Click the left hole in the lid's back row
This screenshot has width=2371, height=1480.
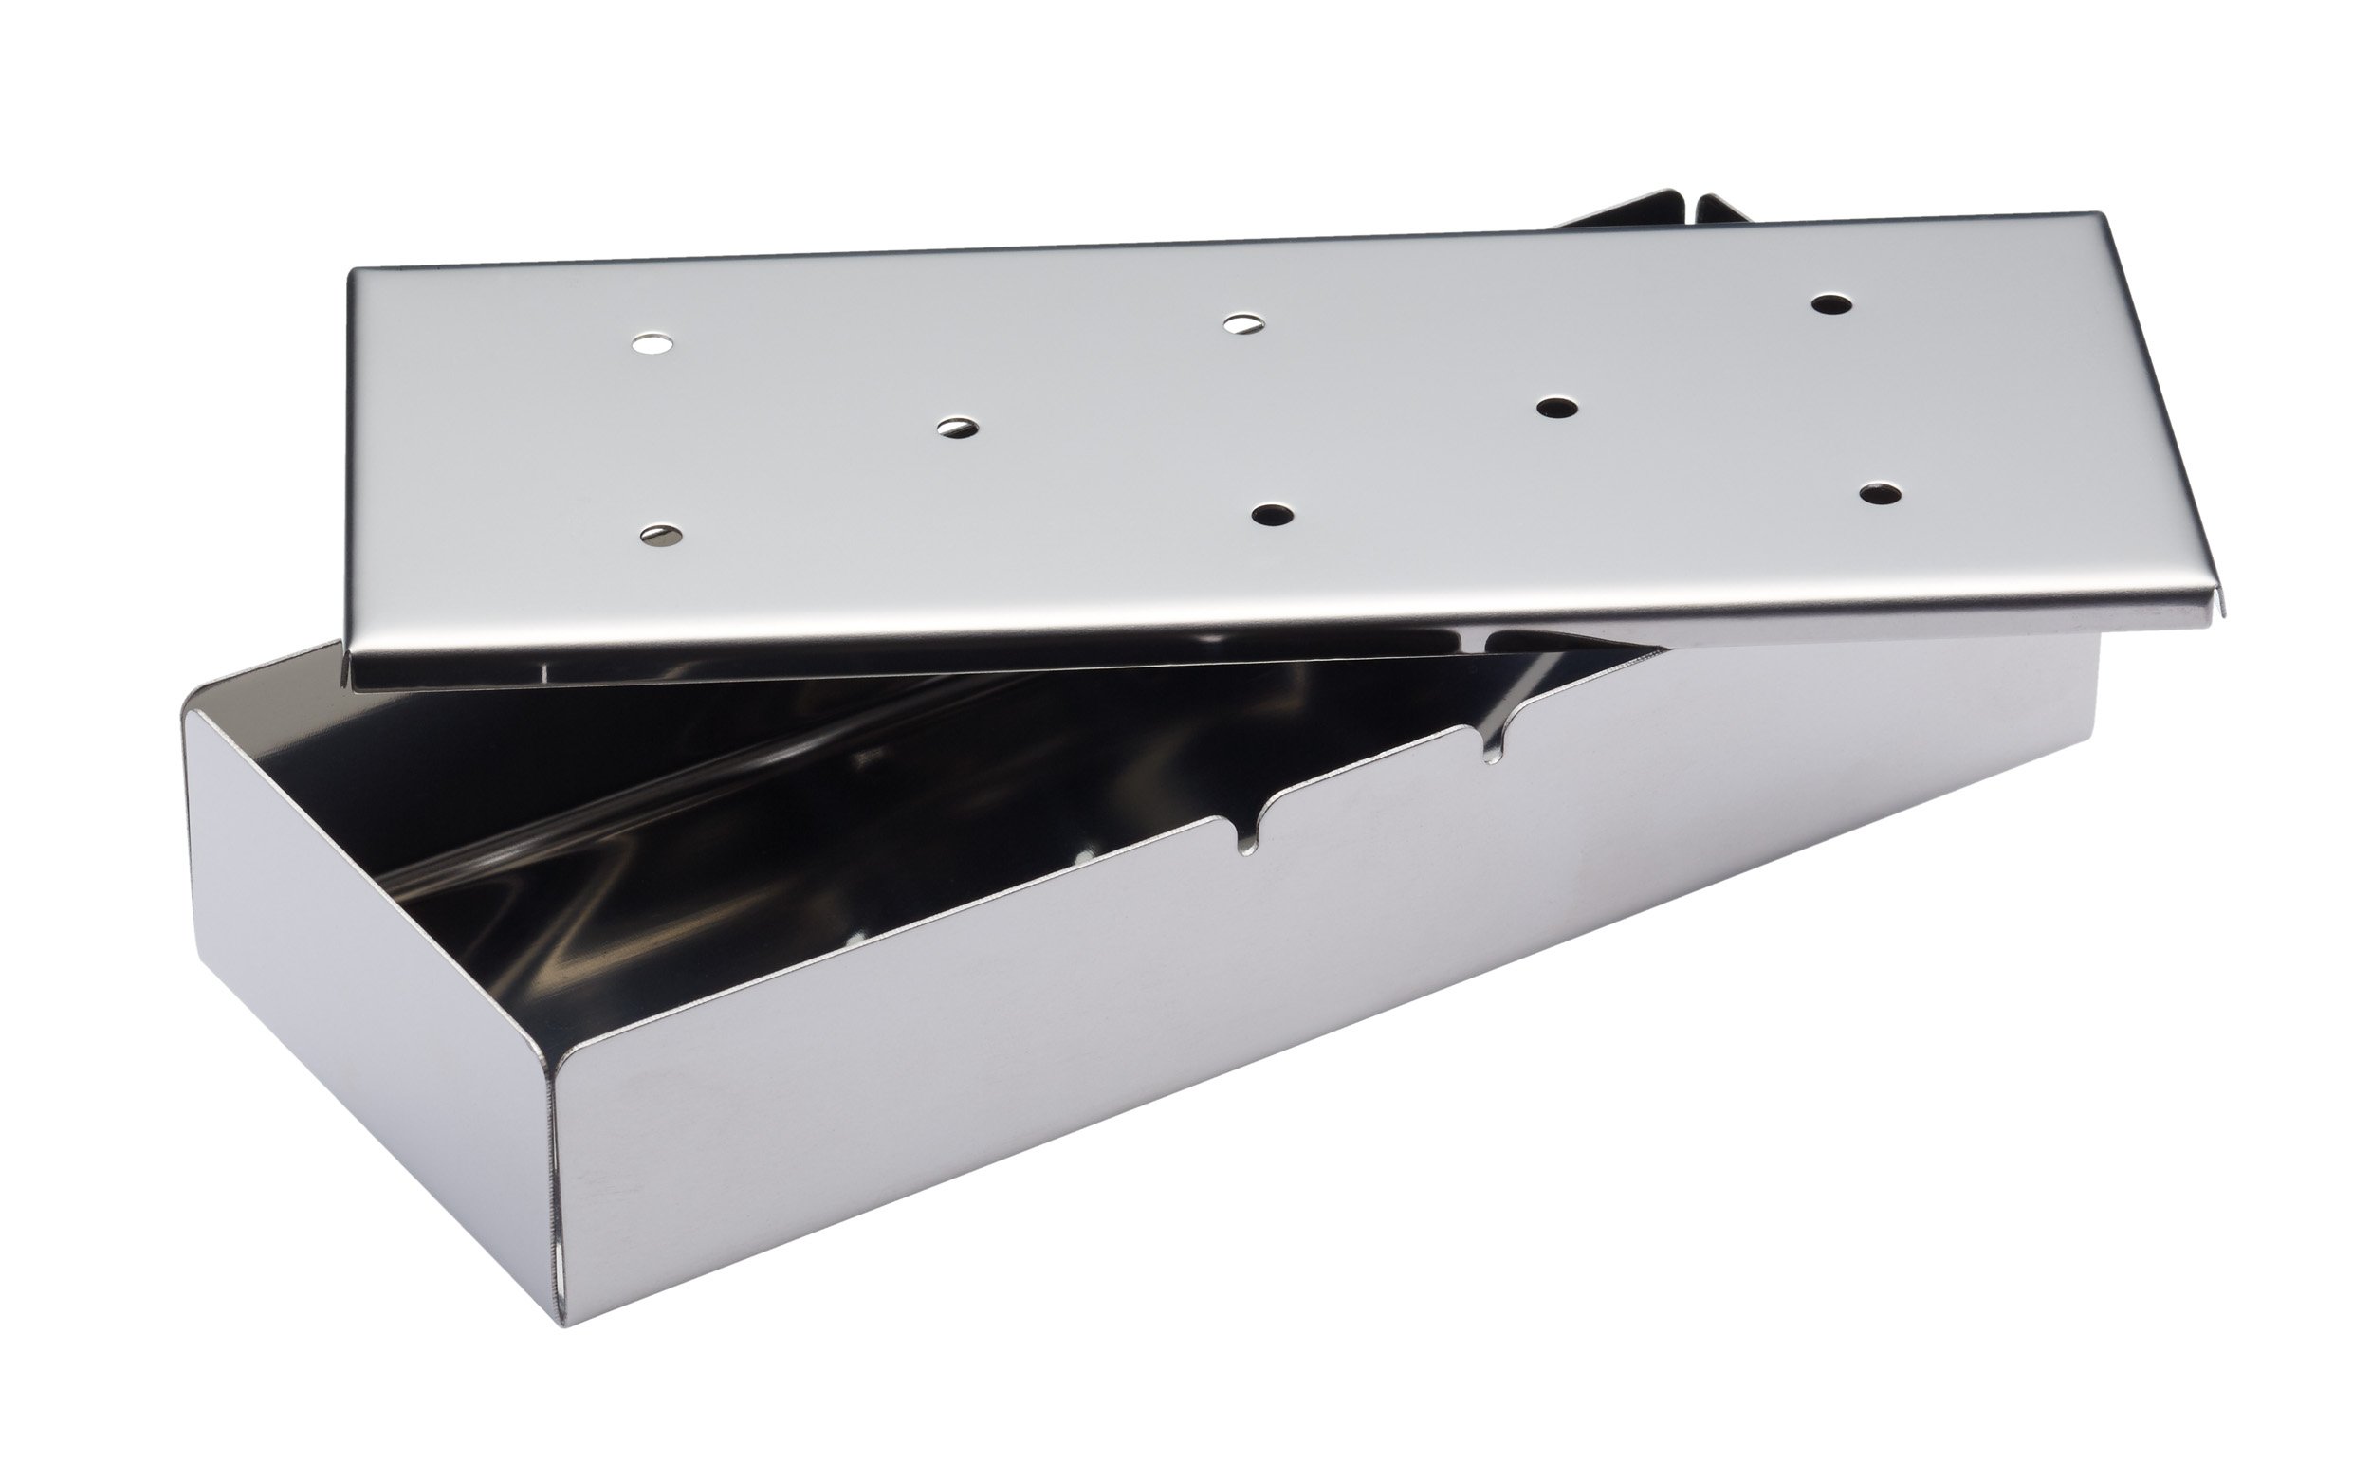click(x=652, y=344)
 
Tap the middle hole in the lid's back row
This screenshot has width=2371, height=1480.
click(x=1244, y=323)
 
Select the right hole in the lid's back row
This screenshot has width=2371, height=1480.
click(x=1831, y=303)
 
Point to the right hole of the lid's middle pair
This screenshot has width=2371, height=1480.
click(x=1556, y=407)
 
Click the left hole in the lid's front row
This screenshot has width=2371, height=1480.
click(x=662, y=535)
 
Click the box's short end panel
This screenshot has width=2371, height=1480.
click(x=372, y=989)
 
